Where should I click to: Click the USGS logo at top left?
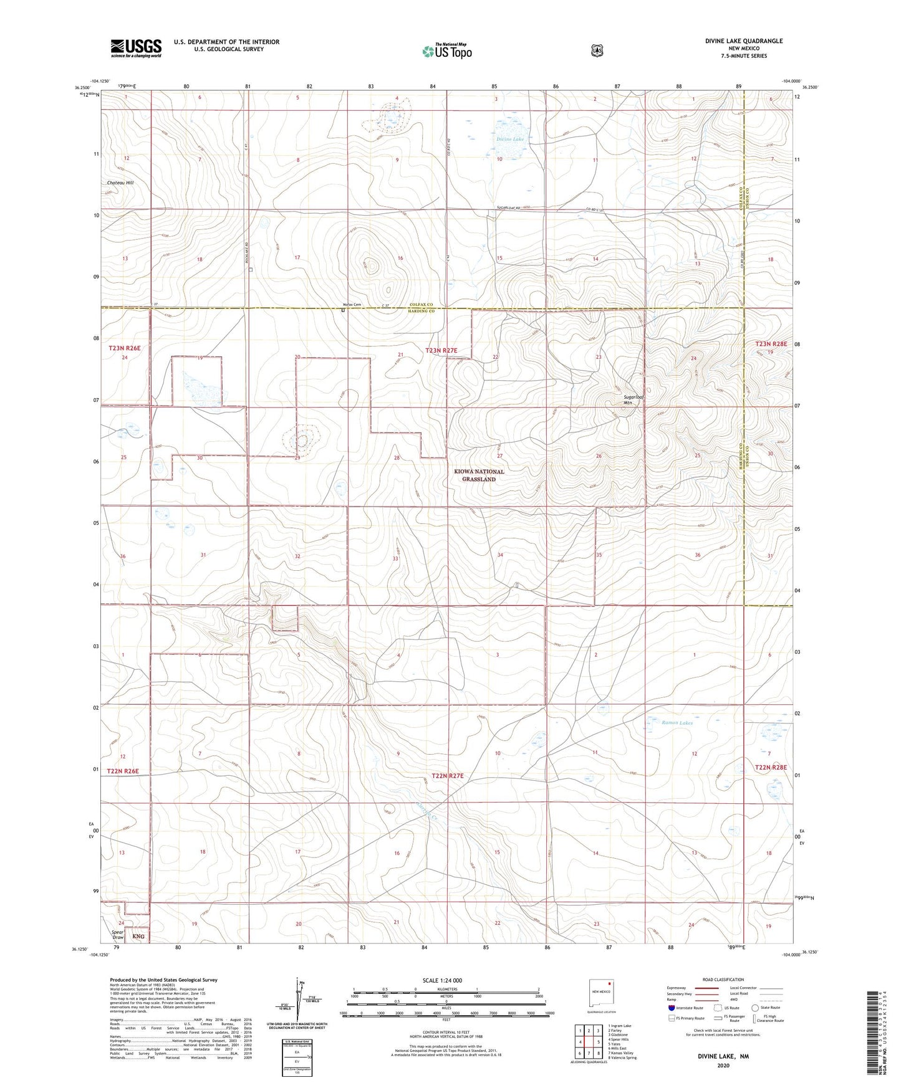pos(136,47)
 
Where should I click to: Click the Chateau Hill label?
pos(120,183)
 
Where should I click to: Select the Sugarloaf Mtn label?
pos(634,399)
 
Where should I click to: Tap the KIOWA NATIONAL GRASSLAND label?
pos(479,475)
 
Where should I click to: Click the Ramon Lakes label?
pos(677,723)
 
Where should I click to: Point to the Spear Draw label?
pos(118,935)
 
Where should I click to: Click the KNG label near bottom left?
pos(138,937)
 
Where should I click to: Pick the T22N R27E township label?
pos(448,776)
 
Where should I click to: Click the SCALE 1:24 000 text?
pos(442,980)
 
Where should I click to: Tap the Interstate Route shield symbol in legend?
pos(672,1007)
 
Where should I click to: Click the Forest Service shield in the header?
pos(597,50)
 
